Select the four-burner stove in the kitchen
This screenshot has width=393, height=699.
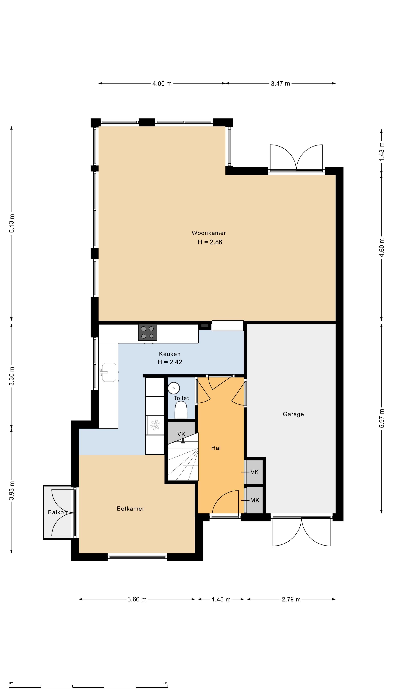[x=148, y=332]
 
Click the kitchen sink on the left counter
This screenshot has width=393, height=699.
[x=109, y=372]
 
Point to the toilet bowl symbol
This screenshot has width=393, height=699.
[x=181, y=410]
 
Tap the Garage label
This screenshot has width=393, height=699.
[x=293, y=414]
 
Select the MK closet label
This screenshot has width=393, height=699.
[x=255, y=500]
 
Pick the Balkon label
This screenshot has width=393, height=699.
[x=57, y=512]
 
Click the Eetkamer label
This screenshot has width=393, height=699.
[x=130, y=509]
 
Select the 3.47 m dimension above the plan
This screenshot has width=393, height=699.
[x=280, y=84]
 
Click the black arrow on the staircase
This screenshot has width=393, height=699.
[x=183, y=441]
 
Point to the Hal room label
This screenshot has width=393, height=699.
[x=216, y=448]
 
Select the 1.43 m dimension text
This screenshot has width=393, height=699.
[x=381, y=151]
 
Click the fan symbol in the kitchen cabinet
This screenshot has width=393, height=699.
[x=155, y=425]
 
